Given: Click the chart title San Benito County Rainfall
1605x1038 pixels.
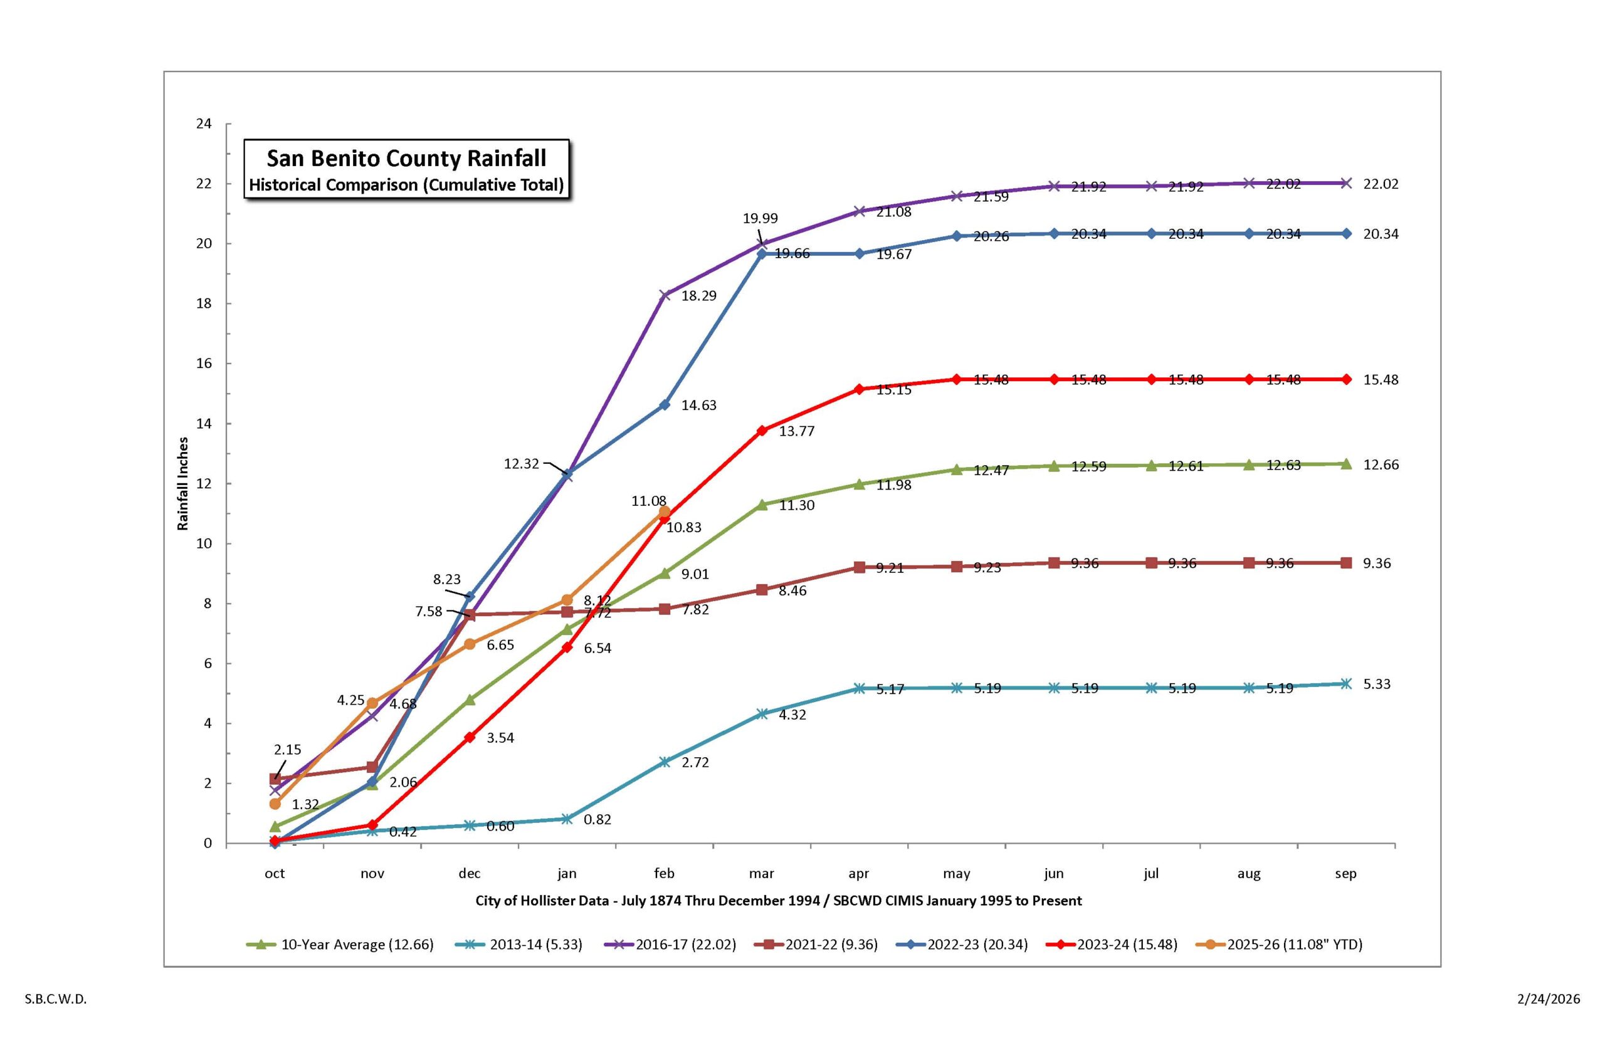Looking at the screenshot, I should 406,159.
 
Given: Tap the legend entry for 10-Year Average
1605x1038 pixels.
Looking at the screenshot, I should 357,945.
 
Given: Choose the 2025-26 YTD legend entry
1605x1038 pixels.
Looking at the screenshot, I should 1294,945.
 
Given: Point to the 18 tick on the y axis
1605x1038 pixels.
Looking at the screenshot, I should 204,303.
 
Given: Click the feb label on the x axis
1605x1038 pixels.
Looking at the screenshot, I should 664,874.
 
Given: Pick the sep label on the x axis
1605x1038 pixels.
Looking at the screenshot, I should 1345,874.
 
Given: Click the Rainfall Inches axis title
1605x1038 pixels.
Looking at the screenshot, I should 182,484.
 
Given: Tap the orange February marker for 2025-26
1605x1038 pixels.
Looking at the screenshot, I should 664,511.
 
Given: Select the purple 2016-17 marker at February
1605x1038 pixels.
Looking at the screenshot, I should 665,295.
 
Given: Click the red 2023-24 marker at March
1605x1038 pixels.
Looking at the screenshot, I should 762,431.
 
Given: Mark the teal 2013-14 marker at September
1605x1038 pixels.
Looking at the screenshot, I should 1346,684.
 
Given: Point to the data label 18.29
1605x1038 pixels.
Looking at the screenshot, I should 698,296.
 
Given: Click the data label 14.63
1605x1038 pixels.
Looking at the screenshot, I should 698,406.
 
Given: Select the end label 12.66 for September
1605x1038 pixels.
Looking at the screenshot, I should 1381,465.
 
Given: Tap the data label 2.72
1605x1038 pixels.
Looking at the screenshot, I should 695,763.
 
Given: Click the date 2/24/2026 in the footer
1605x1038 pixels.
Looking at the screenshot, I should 1549,999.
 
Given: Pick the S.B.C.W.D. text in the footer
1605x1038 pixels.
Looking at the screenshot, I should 56,999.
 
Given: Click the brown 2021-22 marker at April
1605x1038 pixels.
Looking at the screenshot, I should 860,567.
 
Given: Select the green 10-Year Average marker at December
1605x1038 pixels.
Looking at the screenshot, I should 470,700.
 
